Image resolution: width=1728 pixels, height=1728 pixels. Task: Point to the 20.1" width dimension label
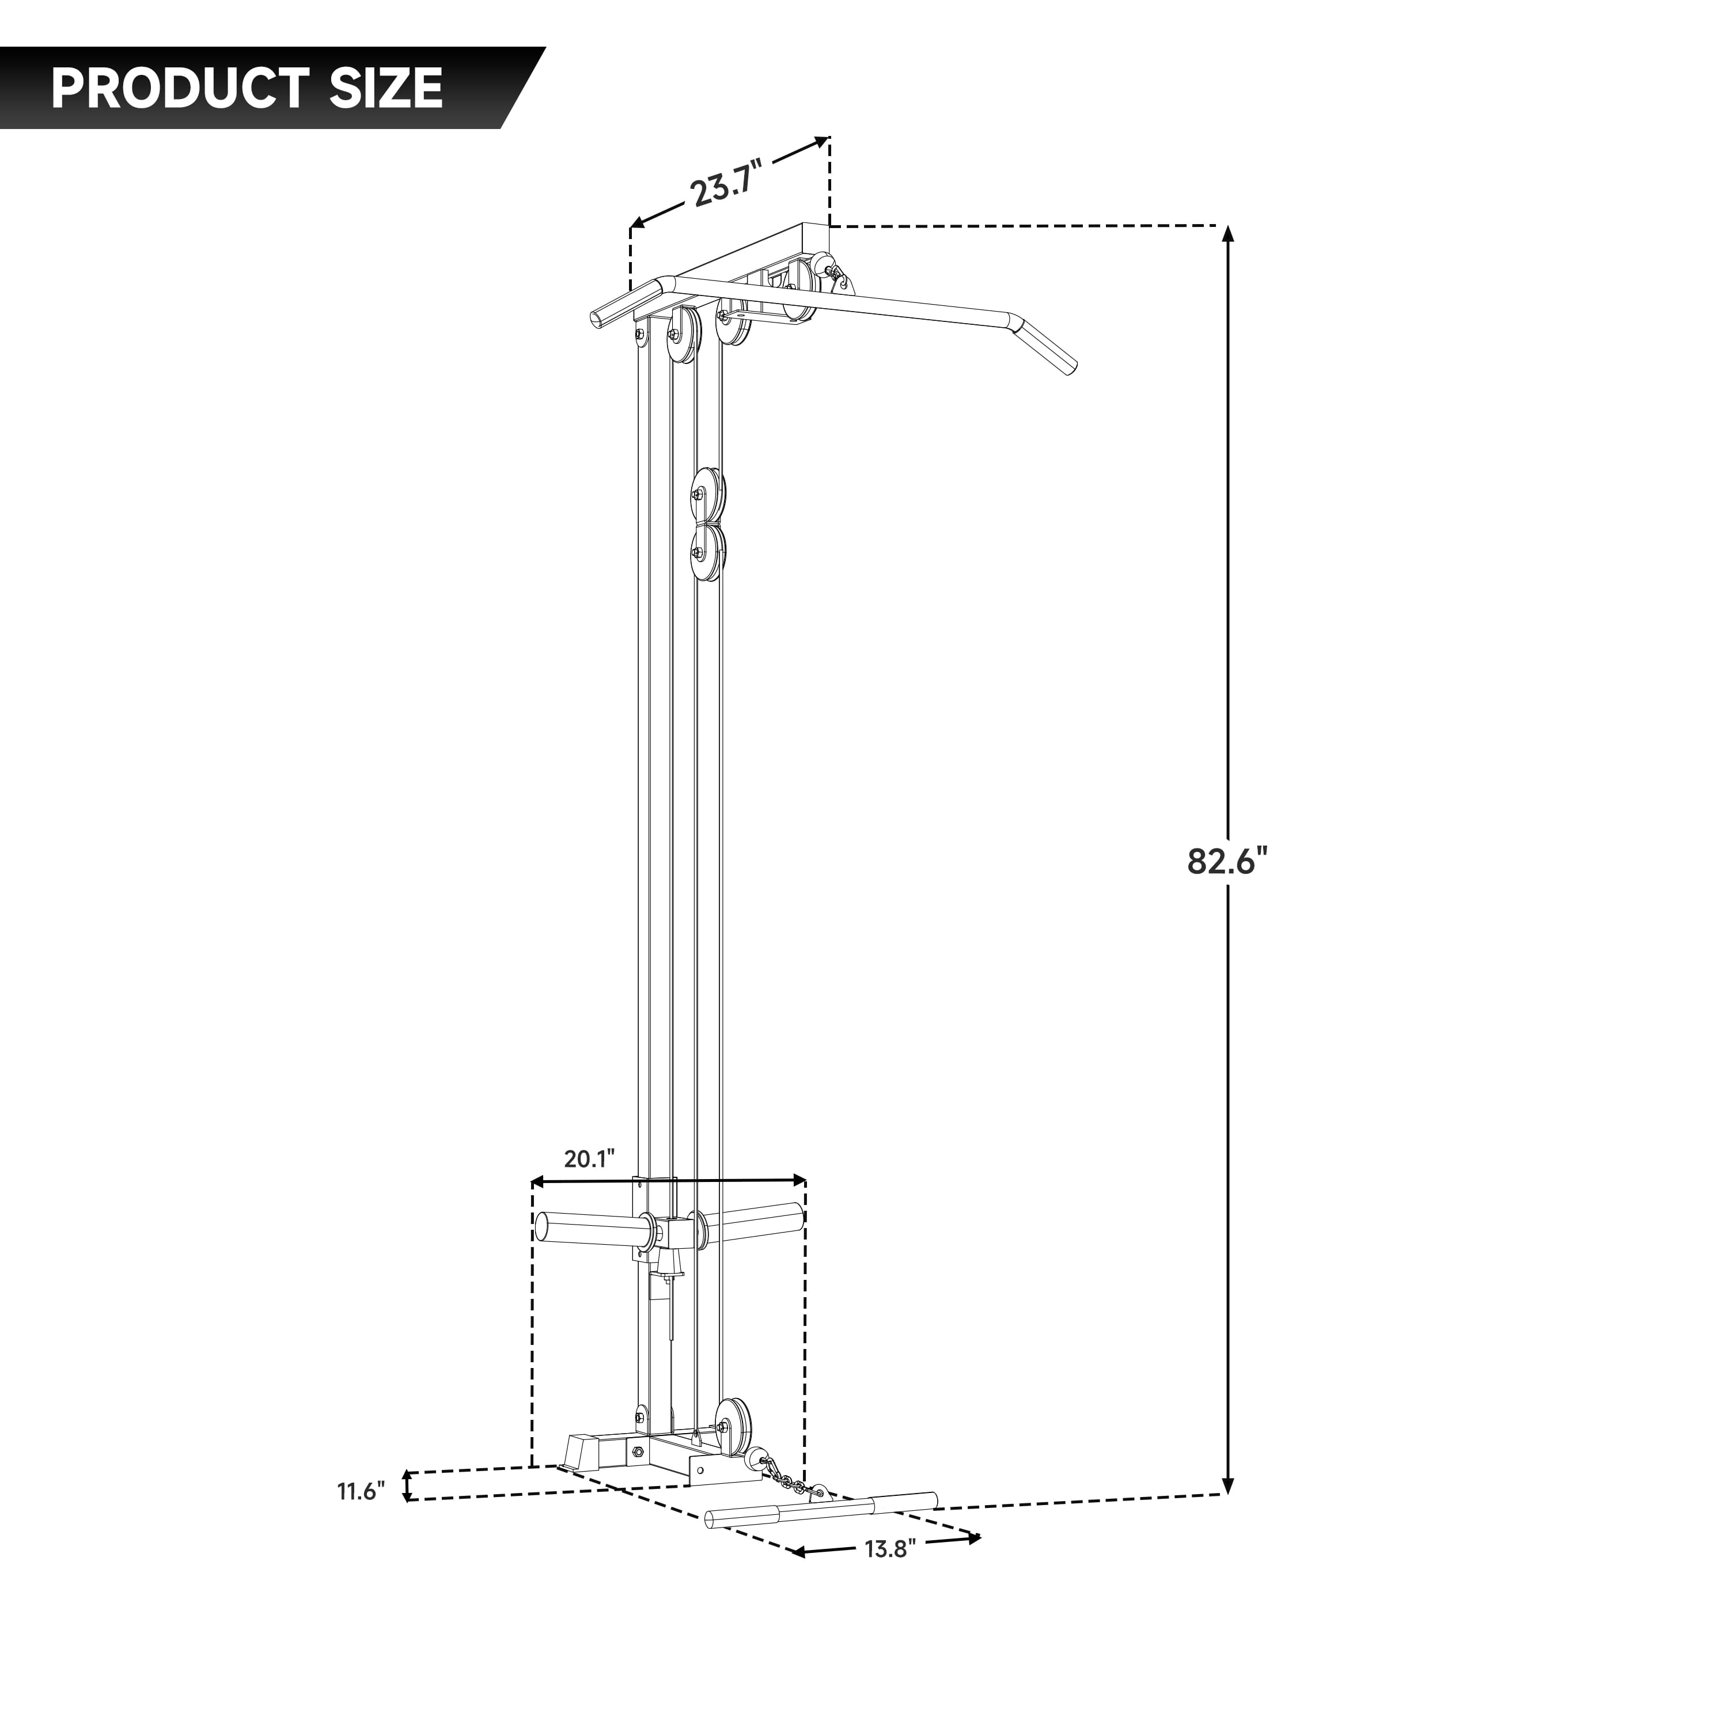[589, 1159]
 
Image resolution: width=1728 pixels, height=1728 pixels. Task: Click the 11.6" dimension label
[361, 1492]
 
